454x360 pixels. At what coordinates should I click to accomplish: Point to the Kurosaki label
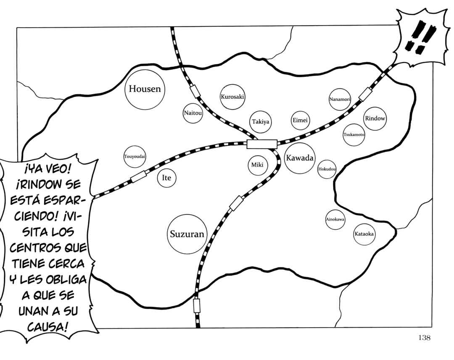click(x=232, y=97)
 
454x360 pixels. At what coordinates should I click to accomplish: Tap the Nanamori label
click(x=340, y=99)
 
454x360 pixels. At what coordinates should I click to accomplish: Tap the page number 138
click(x=424, y=337)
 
